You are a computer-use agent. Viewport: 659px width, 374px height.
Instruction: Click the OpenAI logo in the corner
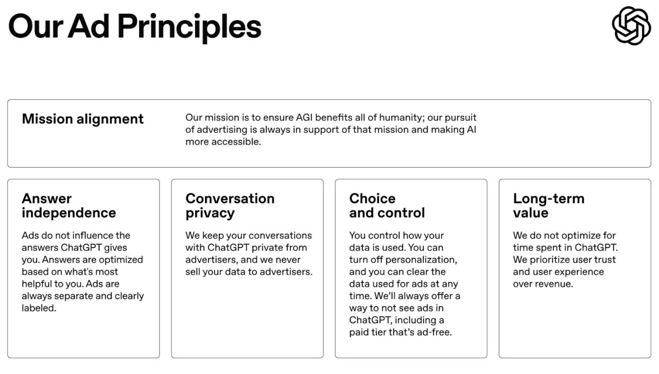point(631,26)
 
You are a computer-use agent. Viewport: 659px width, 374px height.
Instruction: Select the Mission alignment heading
point(82,119)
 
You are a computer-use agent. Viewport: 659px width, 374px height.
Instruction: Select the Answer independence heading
point(68,206)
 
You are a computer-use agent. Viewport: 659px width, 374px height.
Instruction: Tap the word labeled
point(38,308)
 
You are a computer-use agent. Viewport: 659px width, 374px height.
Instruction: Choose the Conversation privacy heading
point(230,206)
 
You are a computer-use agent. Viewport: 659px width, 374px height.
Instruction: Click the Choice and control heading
point(387,206)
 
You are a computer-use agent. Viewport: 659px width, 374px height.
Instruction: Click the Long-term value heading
point(548,206)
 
